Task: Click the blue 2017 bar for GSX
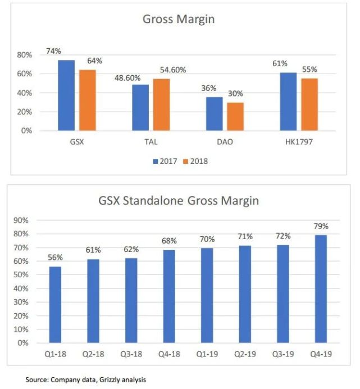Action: [x=66, y=95]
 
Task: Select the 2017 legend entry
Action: [x=165, y=161]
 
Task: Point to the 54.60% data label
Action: [x=172, y=70]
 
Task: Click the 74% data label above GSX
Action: [x=53, y=51]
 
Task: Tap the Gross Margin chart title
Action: [x=179, y=19]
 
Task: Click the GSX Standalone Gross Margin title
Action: [x=180, y=200]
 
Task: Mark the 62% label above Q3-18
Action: [x=131, y=249]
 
